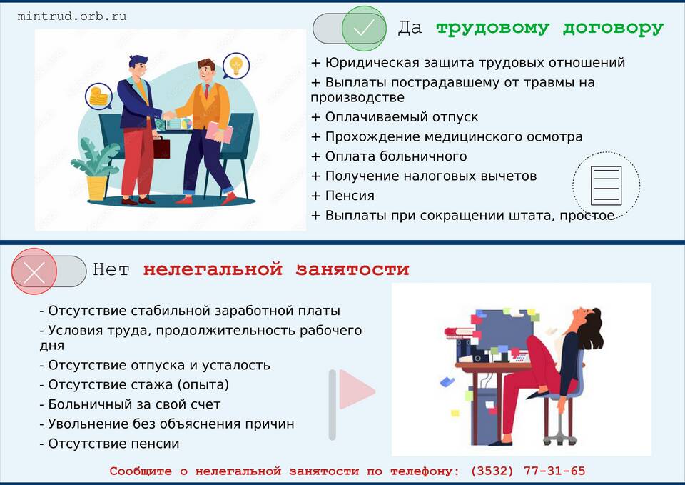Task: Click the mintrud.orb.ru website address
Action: pos(72,16)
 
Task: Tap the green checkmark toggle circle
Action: pos(363,29)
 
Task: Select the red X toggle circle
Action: pos(34,271)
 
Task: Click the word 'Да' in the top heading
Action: pos(410,28)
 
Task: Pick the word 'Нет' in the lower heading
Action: pos(111,269)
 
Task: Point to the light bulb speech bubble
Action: pos(236,66)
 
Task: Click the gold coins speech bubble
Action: pos(98,96)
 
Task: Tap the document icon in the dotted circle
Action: pos(606,186)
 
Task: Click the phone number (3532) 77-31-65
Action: pos(528,471)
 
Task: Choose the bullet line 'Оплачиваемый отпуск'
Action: pos(395,117)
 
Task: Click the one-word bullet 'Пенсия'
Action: pos(343,196)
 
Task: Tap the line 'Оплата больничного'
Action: pos(389,156)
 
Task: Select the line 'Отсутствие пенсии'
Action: pos(109,444)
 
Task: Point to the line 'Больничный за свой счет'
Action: pos(130,404)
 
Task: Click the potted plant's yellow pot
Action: pos(97,188)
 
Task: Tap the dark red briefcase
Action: pos(161,147)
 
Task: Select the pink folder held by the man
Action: pos(219,132)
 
